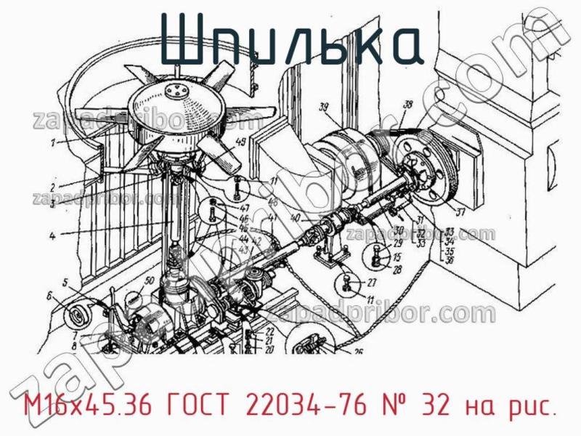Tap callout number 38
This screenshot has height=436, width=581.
[x=407, y=105]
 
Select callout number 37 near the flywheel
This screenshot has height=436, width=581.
[x=458, y=212]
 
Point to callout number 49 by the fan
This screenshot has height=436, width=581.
[x=240, y=142]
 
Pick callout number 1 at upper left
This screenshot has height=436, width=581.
[x=53, y=143]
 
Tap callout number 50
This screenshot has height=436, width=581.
[x=150, y=280]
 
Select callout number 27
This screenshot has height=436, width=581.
[x=372, y=283]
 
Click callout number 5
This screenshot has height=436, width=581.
[x=65, y=282]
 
